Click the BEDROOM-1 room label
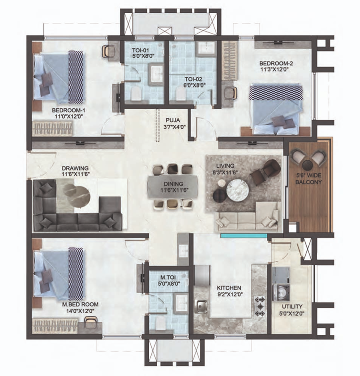click(x=68, y=110)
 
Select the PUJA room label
click(x=173, y=120)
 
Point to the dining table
click(x=173, y=187)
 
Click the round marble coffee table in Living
click(x=238, y=190)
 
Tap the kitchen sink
click(x=202, y=306)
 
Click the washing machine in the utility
click(x=281, y=292)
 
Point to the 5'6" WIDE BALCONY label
click(x=308, y=179)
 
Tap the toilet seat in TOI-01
click(x=136, y=94)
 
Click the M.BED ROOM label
click(x=80, y=304)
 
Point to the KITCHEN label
click(x=229, y=288)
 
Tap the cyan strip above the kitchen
click(x=244, y=236)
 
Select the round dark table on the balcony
click(x=308, y=165)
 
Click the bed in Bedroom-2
click(x=276, y=109)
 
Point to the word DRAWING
click(x=75, y=168)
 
